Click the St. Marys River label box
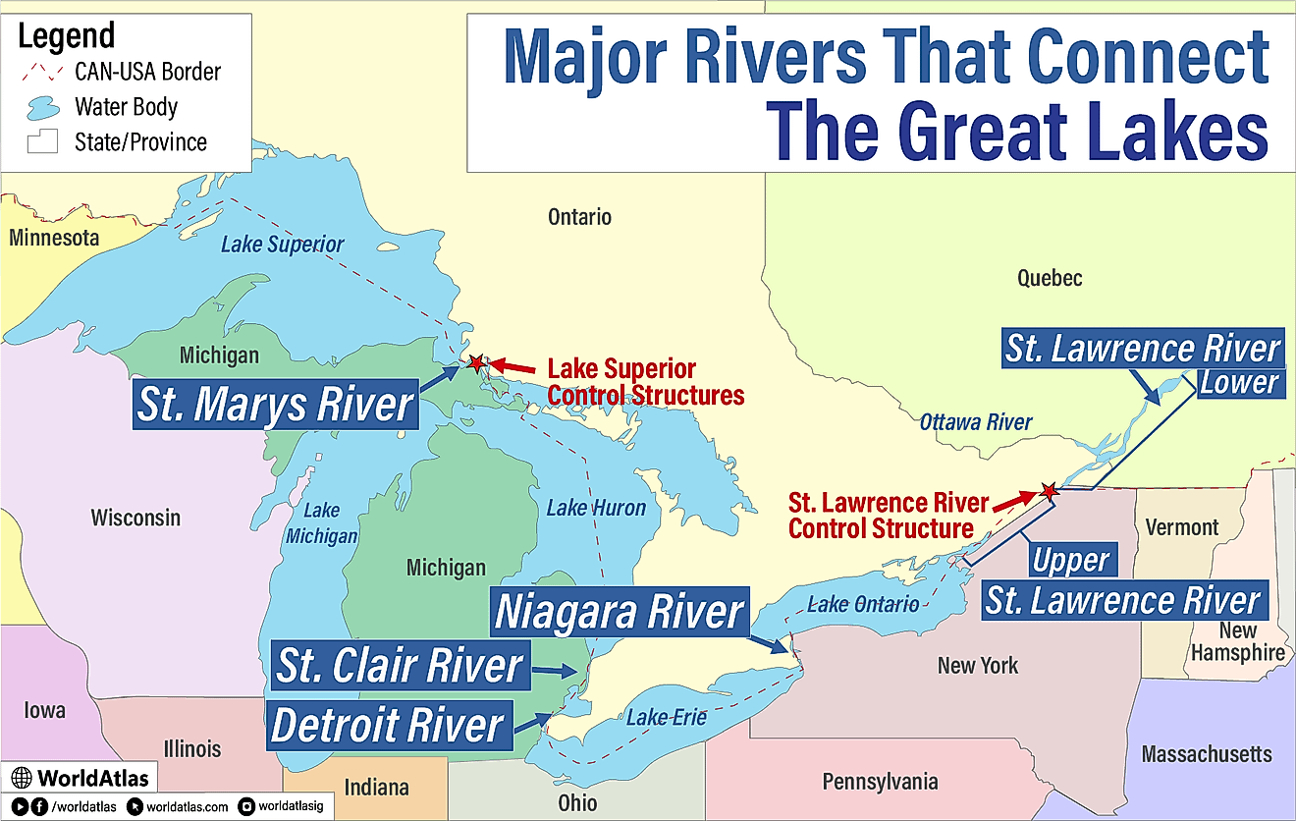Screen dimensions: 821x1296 (275, 405)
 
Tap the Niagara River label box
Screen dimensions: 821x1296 (619, 611)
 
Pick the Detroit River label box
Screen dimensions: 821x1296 (387, 725)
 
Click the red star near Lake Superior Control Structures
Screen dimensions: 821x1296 (476, 363)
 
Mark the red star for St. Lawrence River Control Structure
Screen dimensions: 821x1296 (1049, 490)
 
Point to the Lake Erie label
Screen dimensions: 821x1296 (667, 717)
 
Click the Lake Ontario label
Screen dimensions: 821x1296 (863, 603)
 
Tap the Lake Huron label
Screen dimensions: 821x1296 (596, 508)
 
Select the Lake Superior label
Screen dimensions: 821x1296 (282, 244)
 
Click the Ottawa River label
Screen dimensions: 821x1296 (976, 422)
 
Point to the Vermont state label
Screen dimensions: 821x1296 (1182, 527)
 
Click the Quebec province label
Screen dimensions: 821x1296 (1049, 278)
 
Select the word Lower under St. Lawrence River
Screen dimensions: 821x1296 (1240, 382)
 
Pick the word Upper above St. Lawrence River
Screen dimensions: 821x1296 (1071, 561)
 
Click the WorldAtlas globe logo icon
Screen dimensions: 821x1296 (22, 779)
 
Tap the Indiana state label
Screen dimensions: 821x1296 (376, 787)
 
